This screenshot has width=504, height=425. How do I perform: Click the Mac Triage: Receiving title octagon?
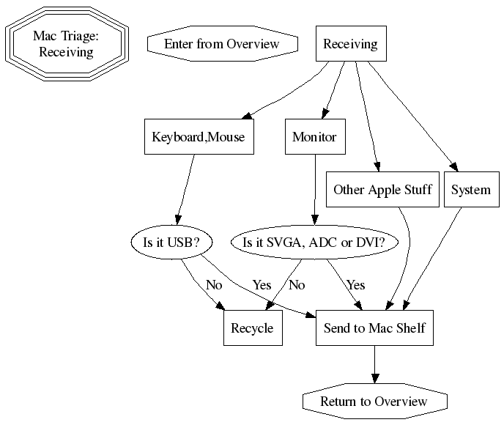[x=67, y=44]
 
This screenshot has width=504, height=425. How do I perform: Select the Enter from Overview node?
[x=222, y=44]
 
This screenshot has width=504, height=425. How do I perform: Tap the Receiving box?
[x=350, y=44]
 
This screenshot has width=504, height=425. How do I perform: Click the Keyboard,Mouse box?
[x=198, y=137]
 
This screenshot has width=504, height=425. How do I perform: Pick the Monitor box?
[x=314, y=137]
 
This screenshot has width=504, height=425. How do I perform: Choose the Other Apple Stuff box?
[x=382, y=190]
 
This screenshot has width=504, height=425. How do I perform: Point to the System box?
[x=470, y=190]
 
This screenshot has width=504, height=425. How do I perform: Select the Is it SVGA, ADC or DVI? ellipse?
[x=314, y=243]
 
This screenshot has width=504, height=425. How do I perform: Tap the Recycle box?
[x=252, y=328]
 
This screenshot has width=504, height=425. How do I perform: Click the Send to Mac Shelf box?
[x=374, y=328]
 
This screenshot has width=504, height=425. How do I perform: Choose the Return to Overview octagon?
[x=374, y=402]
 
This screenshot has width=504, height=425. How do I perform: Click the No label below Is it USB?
[x=214, y=285]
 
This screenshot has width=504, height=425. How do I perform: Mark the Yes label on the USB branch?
[x=262, y=285]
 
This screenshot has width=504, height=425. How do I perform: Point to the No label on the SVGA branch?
[x=297, y=285]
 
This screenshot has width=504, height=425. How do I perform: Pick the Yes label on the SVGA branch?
[x=355, y=285]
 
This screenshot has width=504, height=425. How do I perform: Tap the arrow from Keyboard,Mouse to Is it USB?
[x=186, y=187]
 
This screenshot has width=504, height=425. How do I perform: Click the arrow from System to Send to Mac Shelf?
[x=432, y=256]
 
